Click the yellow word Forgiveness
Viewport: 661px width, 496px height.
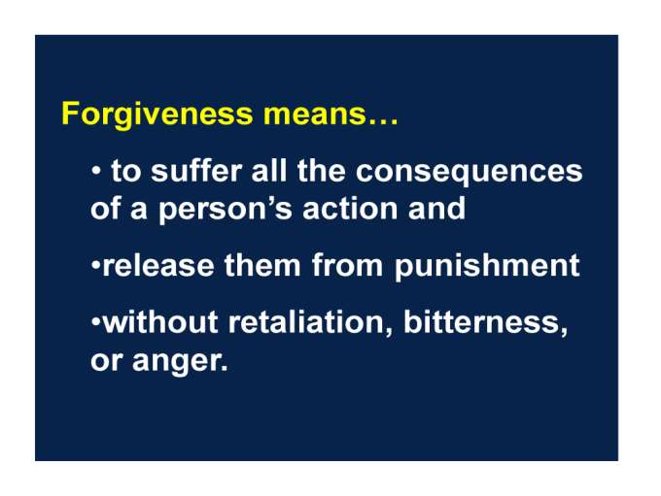(x=157, y=114)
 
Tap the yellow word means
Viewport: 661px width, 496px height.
(x=315, y=115)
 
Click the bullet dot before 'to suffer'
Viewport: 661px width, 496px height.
(x=96, y=171)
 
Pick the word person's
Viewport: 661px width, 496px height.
(x=225, y=210)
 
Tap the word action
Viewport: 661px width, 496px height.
(x=350, y=208)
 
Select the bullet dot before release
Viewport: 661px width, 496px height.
(x=96, y=265)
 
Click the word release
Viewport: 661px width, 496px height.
(x=157, y=265)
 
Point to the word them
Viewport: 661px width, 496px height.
(x=261, y=265)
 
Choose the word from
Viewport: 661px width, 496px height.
(x=346, y=265)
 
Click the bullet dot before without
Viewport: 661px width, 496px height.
(x=96, y=322)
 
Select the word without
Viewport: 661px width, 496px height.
(x=159, y=321)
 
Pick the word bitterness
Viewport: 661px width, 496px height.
(x=485, y=322)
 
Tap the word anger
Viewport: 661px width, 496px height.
(x=180, y=362)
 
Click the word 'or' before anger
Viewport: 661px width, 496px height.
(x=106, y=362)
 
